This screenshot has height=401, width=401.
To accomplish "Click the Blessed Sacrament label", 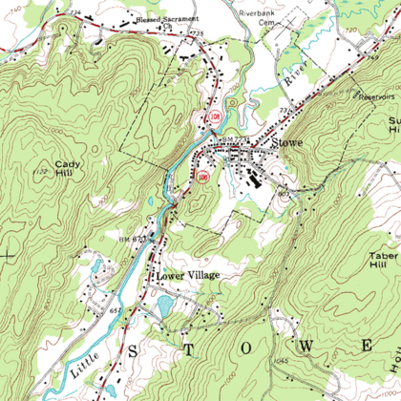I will [x=168, y=18].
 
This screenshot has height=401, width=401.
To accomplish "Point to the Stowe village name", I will [x=286, y=143].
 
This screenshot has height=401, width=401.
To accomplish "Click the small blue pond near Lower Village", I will [x=164, y=306].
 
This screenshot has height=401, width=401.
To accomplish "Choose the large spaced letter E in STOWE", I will [x=366, y=344].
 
